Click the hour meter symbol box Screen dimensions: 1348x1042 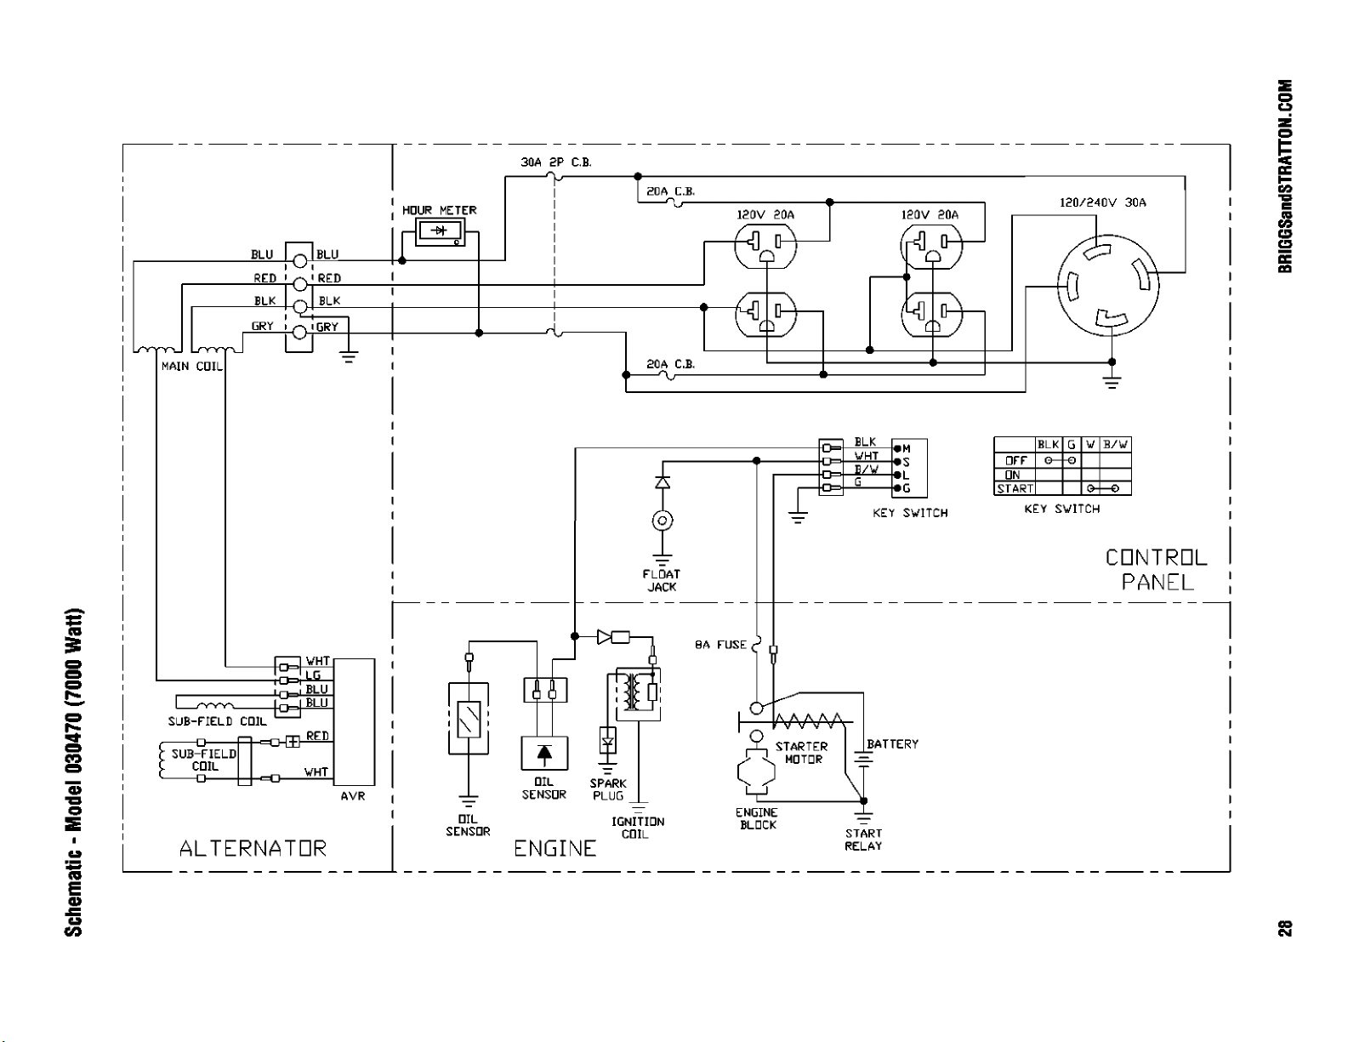(x=440, y=231)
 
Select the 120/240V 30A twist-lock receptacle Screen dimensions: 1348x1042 (x=1107, y=285)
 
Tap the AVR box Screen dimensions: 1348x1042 (x=354, y=722)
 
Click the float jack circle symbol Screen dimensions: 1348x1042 (x=663, y=521)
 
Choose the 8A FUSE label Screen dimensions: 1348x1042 (x=720, y=645)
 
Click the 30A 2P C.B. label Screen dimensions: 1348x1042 (x=556, y=162)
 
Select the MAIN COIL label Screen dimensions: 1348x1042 (x=191, y=367)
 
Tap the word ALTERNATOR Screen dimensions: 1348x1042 (x=253, y=848)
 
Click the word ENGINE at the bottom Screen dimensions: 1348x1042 (x=555, y=848)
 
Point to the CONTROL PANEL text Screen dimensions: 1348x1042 (x=1157, y=569)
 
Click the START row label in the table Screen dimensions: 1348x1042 (x=1015, y=489)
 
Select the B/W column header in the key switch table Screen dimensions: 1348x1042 (x=1115, y=444)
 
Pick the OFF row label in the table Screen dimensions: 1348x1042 (x=1016, y=461)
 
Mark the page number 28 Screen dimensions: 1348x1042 (x=1285, y=928)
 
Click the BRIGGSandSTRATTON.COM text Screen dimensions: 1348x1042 (x=1285, y=176)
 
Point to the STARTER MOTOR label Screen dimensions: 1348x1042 (x=801, y=753)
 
